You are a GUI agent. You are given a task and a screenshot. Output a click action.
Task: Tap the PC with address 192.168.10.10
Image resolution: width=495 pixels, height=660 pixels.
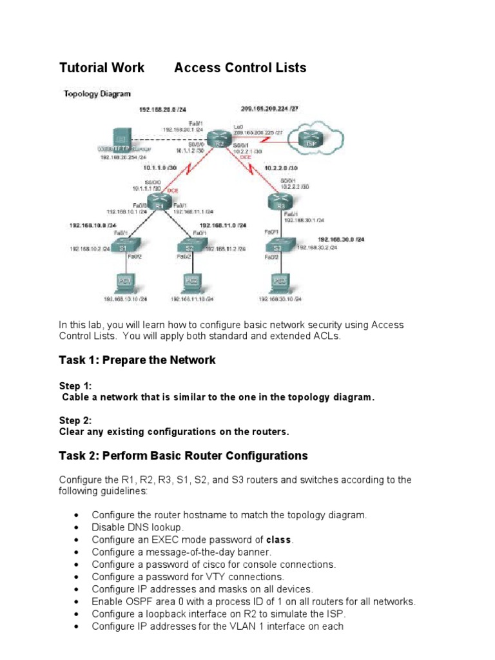point(125,282)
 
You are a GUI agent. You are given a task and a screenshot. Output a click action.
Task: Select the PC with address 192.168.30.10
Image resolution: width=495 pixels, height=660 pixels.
point(280,282)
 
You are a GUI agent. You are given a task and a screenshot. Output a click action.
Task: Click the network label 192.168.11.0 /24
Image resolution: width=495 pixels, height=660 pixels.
point(222,226)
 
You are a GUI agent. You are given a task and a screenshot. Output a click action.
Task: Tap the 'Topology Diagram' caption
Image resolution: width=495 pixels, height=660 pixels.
point(97,93)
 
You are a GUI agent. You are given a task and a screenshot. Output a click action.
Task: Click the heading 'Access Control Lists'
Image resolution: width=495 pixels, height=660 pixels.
point(240,68)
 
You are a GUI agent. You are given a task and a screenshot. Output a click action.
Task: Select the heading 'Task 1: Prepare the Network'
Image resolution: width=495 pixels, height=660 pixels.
point(137,360)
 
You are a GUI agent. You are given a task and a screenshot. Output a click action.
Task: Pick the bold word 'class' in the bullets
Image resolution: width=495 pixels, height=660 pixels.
point(279,539)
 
